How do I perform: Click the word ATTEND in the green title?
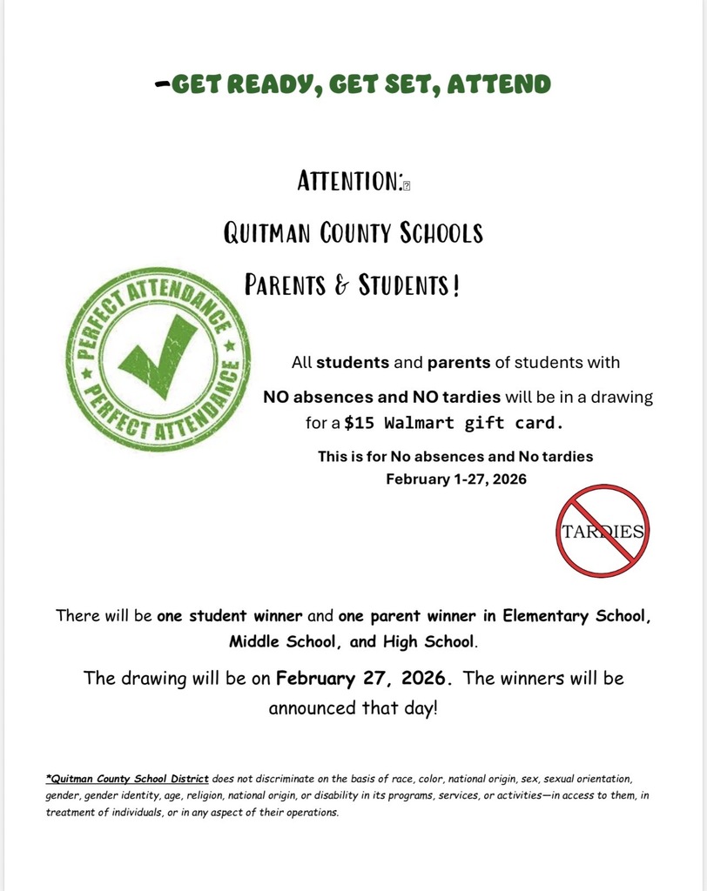pyautogui.click(x=504, y=84)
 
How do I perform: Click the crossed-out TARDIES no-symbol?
pyautogui.click(x=603, y=531)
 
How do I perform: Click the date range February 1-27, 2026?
pyautogui.click(x=456, y=479)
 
